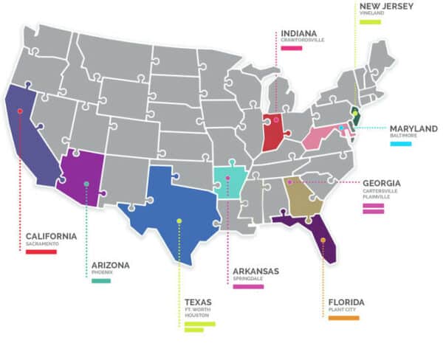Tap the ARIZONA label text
click(111, 265)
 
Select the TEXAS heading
click(198, 302)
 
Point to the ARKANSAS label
click(255, 271)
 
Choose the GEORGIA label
click(382, 183)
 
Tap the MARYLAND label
click(414, 128)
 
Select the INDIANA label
click(298, 33)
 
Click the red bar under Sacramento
click(41, 252)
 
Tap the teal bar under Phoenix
click(101, 280)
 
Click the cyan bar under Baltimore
click(401, 144)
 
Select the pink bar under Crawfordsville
click(292, 48)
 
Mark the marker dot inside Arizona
click(86, 184)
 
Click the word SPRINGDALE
click(248, 280)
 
